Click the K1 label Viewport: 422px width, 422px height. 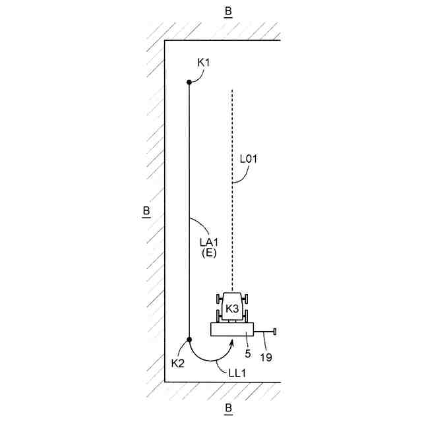(x=204, y=62)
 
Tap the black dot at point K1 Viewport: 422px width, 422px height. (x=189, y=82)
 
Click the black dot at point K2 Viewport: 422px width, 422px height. (x=189, y=340)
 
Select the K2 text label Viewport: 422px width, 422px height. (x=177, y=363)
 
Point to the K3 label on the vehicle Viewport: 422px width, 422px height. (x=232, y=309)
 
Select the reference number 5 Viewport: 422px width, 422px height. (x=248, y=353)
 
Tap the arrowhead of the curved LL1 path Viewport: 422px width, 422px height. (x=231, y=343)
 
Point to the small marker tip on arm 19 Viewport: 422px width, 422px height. (x=275, y=331)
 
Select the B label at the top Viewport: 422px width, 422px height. (x=228, y=12)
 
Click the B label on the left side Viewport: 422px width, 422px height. (x=145, y=212)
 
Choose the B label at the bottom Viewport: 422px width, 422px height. (x=228, y=408)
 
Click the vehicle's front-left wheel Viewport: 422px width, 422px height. (x=219, y=300)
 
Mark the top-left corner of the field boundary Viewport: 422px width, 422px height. (x=165, y=42)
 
